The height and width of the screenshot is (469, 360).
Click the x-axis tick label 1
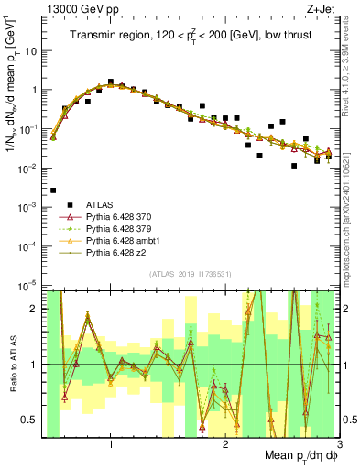(111, 445)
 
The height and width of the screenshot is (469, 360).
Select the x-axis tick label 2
(226, 445)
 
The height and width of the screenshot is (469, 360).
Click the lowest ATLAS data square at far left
(53, 191)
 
